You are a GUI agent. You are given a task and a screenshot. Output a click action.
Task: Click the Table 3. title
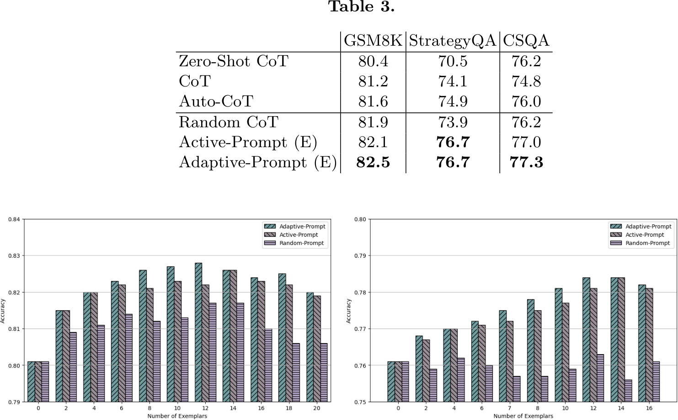coord(361,7)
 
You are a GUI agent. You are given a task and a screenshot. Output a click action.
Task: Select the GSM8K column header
coord(373,41)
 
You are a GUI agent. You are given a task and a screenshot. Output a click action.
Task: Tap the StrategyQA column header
coord(452,41)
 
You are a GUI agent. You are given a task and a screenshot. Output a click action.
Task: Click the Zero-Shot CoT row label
coord(234,61)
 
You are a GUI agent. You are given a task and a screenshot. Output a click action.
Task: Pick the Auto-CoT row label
coord(216,101)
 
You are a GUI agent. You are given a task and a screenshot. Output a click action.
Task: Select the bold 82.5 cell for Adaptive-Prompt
coord(373,162)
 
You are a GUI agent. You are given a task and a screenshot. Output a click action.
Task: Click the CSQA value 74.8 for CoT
coord(526,81)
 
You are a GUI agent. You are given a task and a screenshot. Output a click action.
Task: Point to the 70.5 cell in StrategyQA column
coord(453,61)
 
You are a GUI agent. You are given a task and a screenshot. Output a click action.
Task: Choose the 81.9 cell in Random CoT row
coord(373,122)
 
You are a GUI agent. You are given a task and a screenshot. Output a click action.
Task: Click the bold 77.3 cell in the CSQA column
coord(526,162)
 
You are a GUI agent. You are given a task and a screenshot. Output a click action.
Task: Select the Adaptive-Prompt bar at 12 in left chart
coord(198,332)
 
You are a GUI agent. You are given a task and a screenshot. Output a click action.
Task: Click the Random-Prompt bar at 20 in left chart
coord(324,372)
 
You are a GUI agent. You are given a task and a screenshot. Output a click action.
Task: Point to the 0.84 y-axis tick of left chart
coord(14,219)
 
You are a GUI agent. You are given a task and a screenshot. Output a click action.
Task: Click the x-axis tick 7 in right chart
coord(509,408)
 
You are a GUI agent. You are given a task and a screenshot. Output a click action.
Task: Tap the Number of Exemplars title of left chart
coord(177,416)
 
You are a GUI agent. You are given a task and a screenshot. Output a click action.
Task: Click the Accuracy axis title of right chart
coord(348,311)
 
